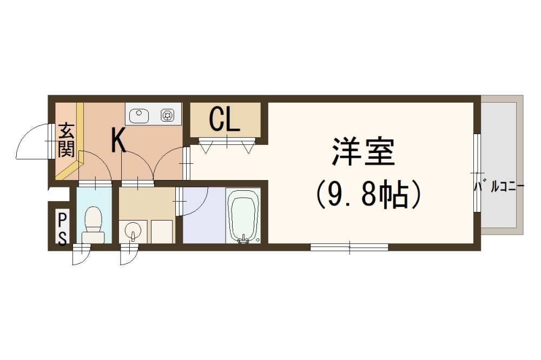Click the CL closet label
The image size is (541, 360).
coord(225,119)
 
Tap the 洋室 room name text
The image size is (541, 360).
coord(364,152)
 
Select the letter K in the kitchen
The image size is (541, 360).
coord(119,141)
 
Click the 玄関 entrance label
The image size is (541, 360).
coord(67,140)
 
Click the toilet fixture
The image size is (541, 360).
coord(94,224)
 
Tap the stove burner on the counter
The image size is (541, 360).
coord(167,114)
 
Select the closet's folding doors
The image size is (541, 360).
coord(226,145)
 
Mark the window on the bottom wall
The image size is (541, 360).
coord(349,248)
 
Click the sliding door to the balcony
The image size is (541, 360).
coord(477,173)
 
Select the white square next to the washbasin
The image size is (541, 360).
coord(161,231)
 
